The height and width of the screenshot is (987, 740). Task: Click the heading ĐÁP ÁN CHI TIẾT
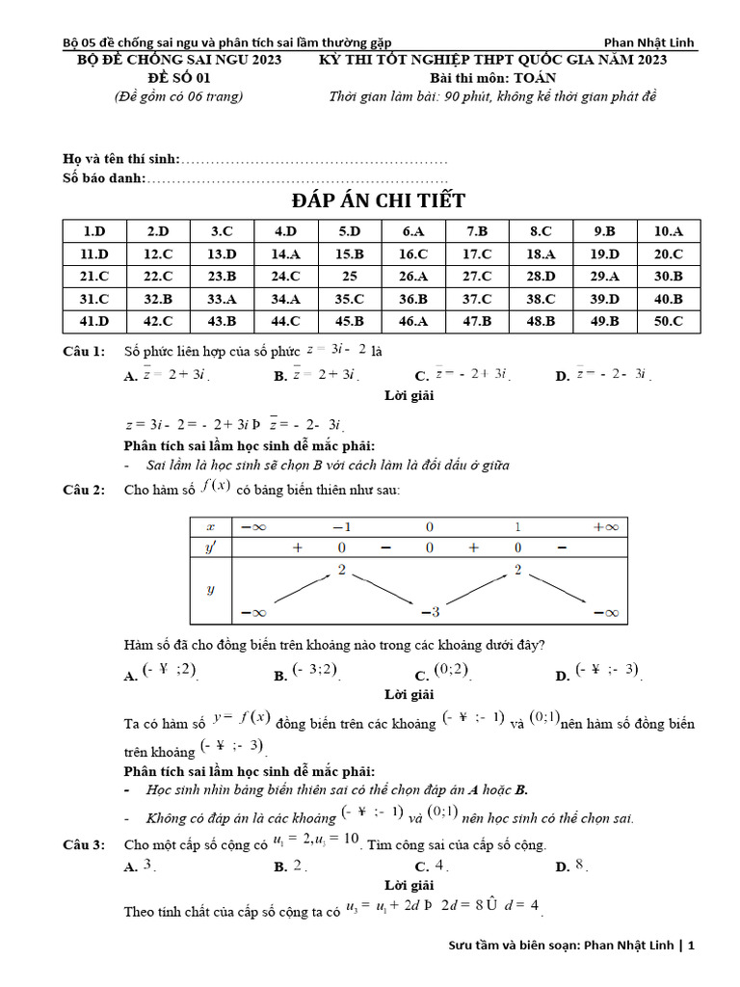point(379,200)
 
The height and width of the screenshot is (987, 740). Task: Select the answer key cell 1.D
point(94,231)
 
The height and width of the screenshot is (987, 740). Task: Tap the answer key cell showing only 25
point(349,276)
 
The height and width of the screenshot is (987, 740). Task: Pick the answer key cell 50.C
point(668,322)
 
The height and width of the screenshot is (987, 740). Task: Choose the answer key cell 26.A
point(412,276)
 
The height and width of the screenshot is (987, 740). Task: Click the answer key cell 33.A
point(222,299)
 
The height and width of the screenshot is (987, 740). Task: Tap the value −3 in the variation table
point(430,612)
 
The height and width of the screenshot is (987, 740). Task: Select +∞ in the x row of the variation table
point(606,526)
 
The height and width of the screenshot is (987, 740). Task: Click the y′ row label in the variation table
point(211,547)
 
